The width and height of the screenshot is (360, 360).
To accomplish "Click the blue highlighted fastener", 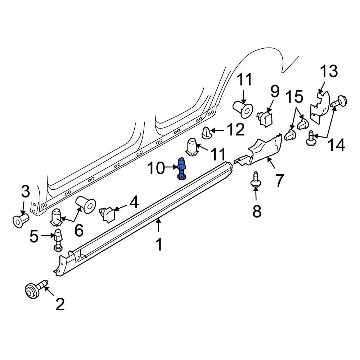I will [182, 168].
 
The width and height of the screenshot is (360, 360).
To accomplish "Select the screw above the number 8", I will [255, 179].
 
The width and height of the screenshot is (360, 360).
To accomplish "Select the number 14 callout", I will [336, 145].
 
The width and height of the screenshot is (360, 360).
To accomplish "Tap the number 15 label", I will [295, 96].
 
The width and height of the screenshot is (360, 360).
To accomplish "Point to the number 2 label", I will [60, 304].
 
